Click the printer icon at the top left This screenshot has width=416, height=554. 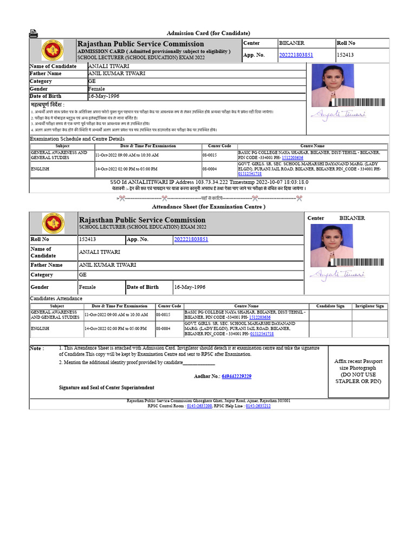[34, 34]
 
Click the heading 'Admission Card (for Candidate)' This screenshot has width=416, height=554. [208, 34]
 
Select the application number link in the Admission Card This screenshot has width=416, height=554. [296, 55]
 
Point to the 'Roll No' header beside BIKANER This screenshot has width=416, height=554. [346, 43]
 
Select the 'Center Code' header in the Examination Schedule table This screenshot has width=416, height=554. [219, 146]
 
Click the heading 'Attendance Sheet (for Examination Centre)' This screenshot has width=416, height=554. [208, 207]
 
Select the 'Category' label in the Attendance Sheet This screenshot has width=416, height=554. [42, 275]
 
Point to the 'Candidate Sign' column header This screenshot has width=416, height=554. [330, 306]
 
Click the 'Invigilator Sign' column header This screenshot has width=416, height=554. [369, 306]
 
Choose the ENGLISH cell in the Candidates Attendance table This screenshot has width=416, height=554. [40, 328]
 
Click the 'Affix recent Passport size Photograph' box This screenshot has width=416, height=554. [358, 371]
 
